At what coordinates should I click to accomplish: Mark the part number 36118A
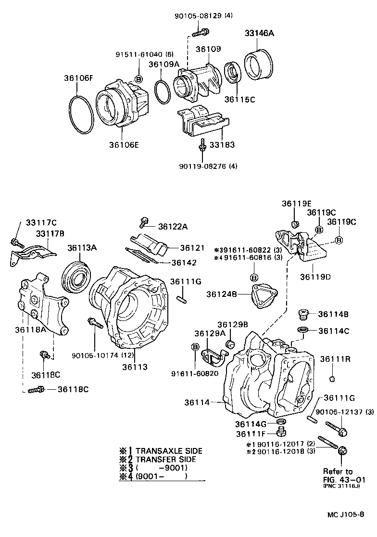(30, 330)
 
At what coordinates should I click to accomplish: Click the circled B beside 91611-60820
(195, 347)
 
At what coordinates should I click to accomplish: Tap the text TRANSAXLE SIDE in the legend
(168, 451)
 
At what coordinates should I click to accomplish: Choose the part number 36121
(193, 247)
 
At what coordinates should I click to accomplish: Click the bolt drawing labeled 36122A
(143, 222)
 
